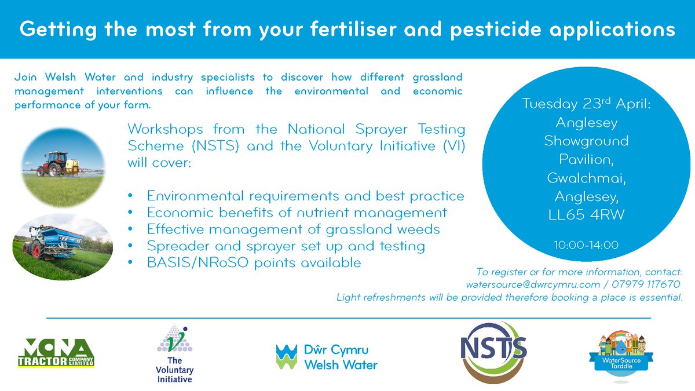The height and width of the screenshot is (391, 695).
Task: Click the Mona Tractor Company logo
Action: [56, 353]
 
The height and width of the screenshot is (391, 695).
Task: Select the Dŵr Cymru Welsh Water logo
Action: [327, 357]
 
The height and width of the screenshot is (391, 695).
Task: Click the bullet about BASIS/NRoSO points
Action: [254, 262]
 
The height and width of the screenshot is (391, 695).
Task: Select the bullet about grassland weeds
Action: [293, 229]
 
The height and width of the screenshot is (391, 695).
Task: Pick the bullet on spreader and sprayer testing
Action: [286, 246]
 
